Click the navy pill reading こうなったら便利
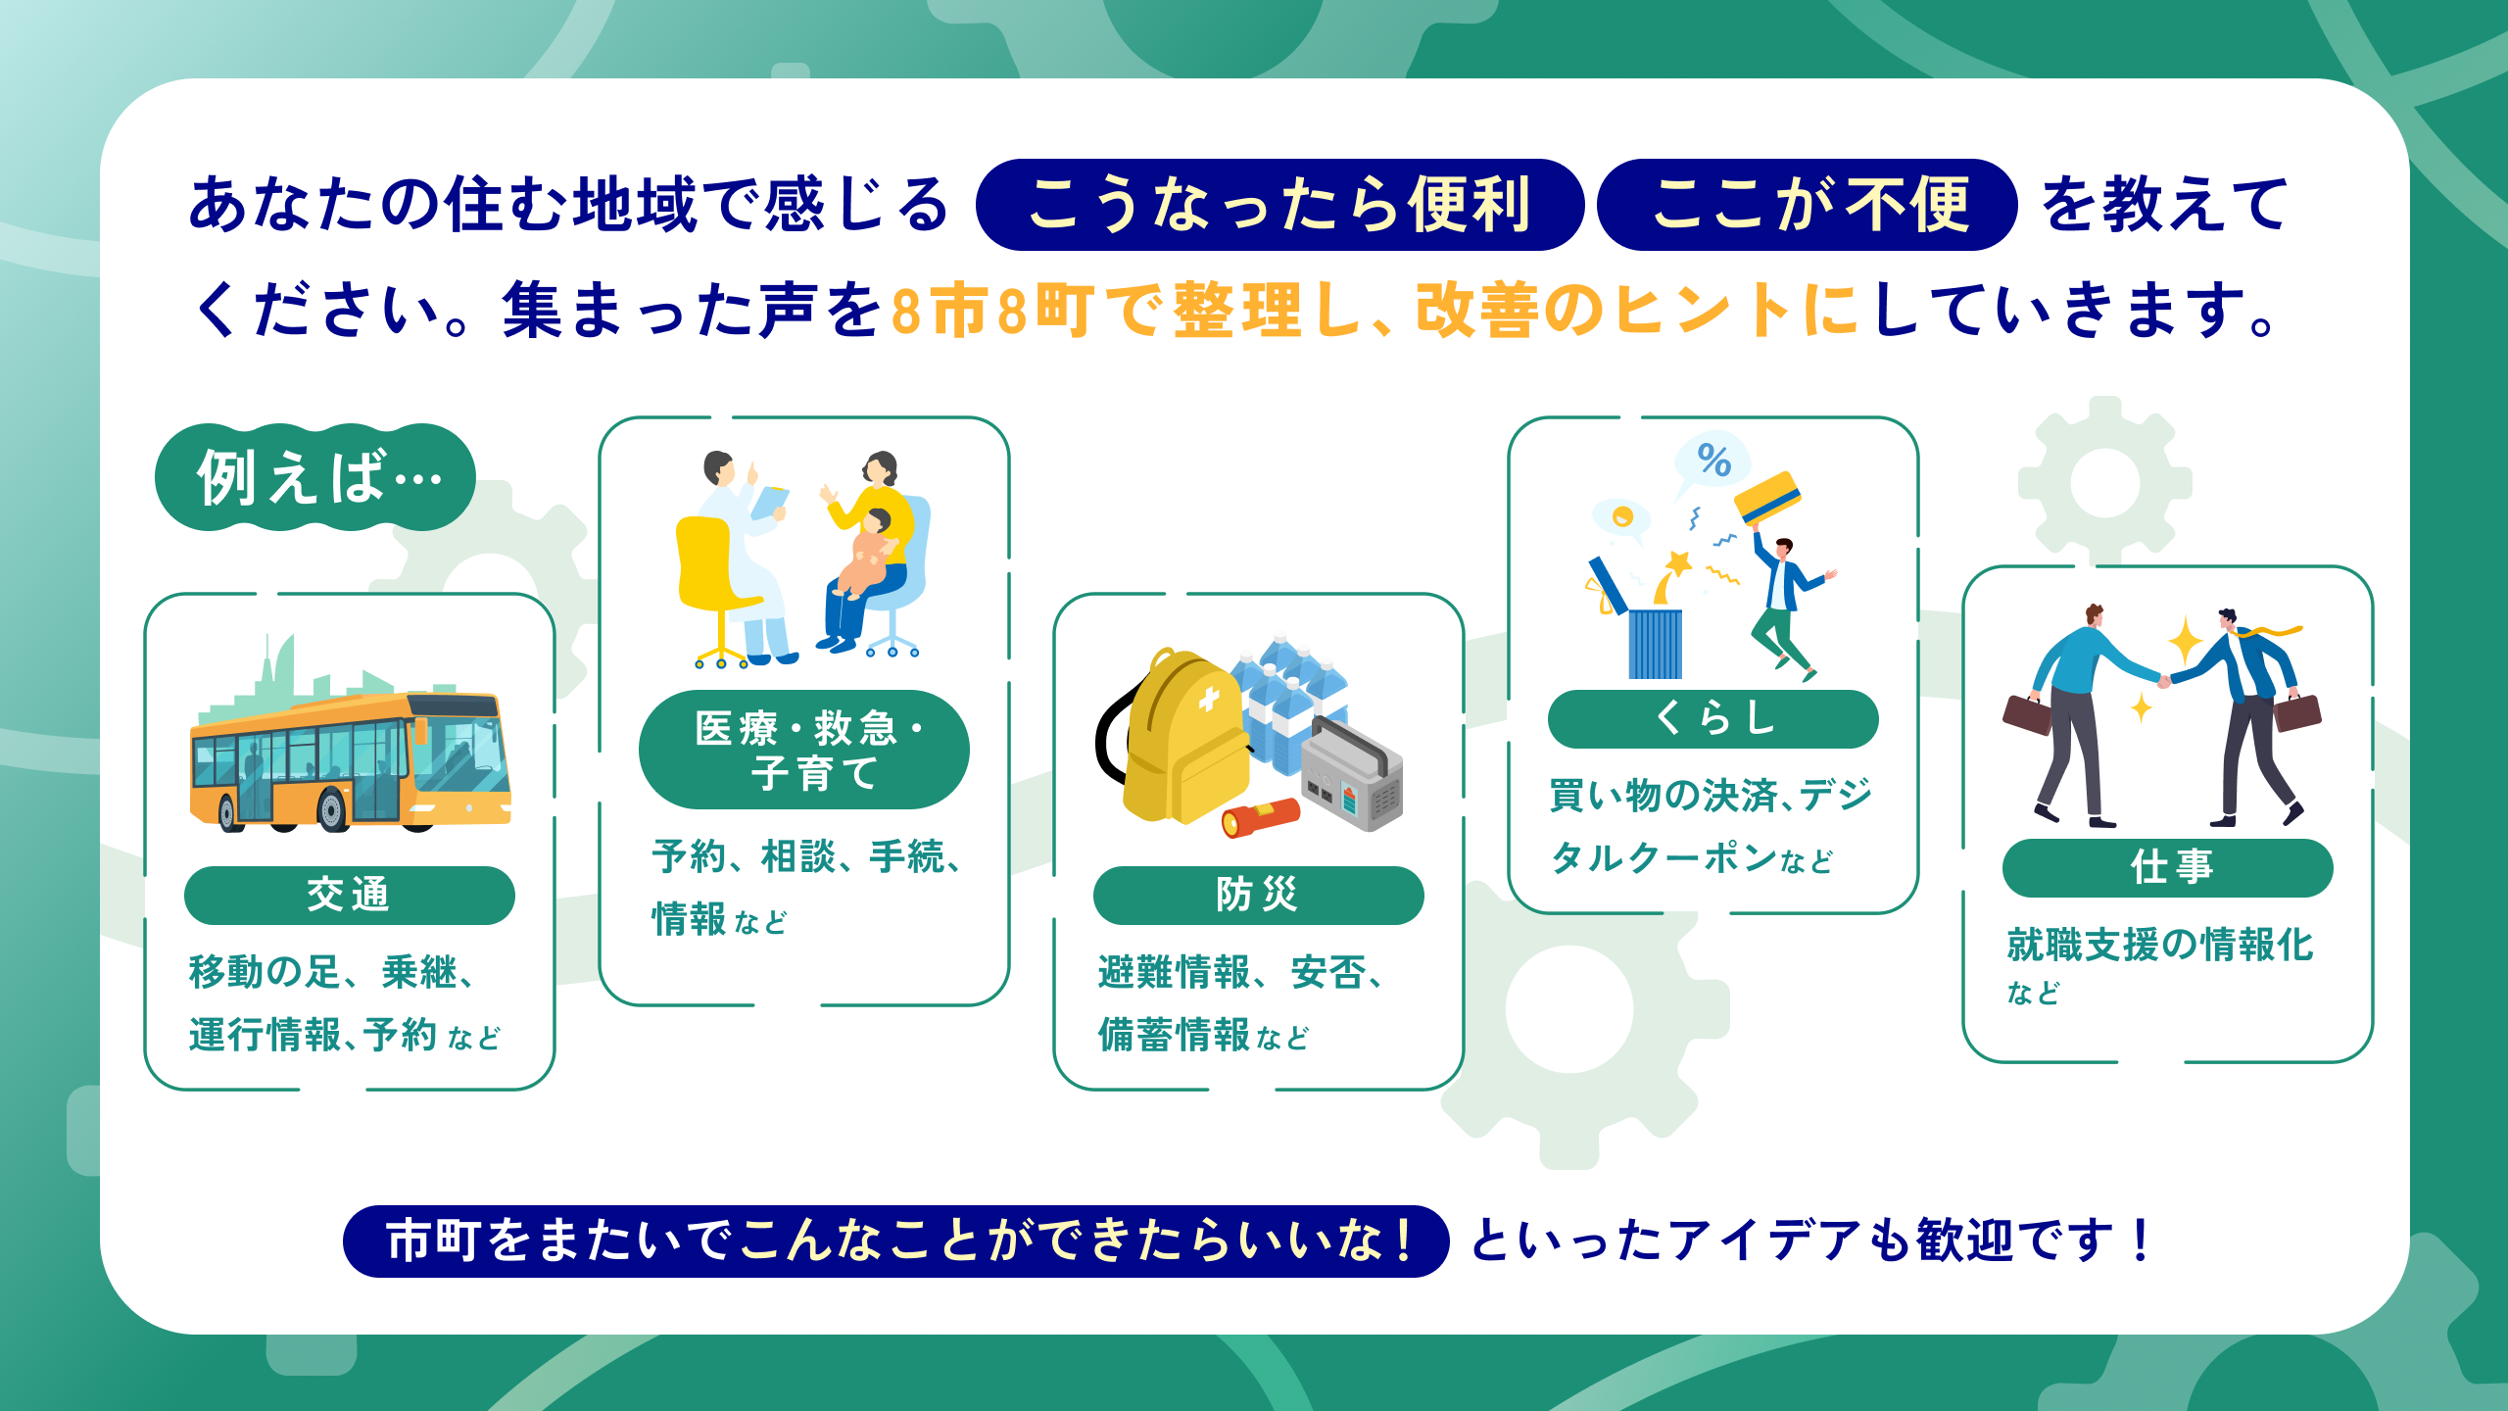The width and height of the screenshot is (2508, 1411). click(1279, 205)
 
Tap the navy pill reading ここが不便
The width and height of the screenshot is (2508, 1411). click(1807, 205)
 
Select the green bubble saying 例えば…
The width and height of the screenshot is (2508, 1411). click(315, 477)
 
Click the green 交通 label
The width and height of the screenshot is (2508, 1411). click(350, 895)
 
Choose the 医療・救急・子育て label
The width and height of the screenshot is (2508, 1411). click(804, 750)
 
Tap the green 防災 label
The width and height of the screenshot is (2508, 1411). click(1259, 895)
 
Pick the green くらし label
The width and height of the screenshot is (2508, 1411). click(1713, 718)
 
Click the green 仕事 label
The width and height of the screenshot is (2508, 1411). click(2168, 867)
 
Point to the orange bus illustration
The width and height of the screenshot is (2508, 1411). click(351, 761)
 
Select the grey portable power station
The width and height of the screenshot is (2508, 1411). click(1352, 774)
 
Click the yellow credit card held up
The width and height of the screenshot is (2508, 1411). click(1768, 498)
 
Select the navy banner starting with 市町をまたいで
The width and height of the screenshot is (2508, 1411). click(895, 1241)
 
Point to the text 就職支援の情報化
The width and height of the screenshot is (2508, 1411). click(2160, 945)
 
